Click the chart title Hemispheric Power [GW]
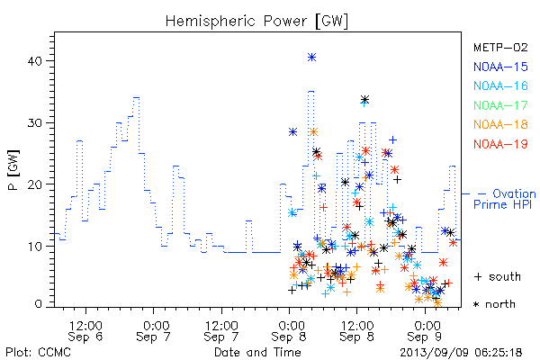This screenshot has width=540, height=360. tap(256, 22)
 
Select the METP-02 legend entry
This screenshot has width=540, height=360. tap(500, 47)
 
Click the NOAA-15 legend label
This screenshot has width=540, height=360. tap(500, 67)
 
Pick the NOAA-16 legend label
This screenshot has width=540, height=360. tap(500, 85)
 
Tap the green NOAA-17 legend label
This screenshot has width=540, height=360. tap(500, 105)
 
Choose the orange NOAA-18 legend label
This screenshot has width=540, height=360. tap(500, 124)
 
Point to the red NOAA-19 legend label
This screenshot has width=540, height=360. tap(500, 144)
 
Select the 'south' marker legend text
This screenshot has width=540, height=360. tap(505, 276)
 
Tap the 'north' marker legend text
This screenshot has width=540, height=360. tap(500, 304)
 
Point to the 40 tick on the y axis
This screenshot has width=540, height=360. tap(34, 61)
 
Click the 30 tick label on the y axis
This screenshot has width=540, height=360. tap(34, 123)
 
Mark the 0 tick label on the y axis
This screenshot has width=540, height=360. tap(39, 303)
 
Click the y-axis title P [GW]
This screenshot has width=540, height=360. tap(13, 170)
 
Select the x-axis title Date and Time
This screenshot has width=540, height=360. tap(257, 352)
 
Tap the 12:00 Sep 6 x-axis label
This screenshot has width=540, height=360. tap(85, 331)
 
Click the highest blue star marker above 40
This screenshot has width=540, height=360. tap(311, 58)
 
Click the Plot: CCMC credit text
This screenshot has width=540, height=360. tap(38, 353)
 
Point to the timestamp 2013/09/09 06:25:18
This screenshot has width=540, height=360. tap(461, 353)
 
